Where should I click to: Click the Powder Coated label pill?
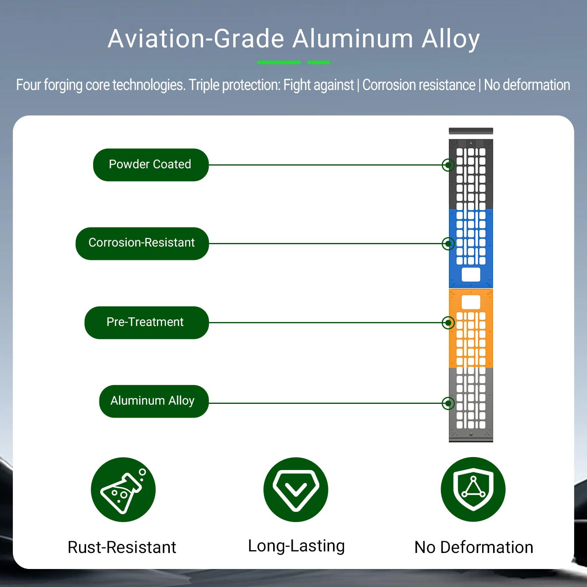[151, 165]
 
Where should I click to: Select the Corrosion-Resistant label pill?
[142, 243]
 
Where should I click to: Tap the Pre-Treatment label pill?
[146, 322]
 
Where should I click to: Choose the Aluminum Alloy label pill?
[154, 401]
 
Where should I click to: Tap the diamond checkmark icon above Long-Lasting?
[296, 490]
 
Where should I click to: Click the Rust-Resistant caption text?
[122, 547]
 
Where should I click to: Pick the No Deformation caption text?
[474, 547]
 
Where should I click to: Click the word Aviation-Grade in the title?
[196, 39]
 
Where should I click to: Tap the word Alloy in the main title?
[450, 40]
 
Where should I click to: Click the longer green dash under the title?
[279, 62]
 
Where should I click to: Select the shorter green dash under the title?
[319, 62]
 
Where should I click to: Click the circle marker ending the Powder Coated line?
[448, 165]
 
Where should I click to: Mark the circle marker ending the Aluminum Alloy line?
[448, 403]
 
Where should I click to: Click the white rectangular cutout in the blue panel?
[471, 274]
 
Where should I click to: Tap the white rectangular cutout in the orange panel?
[471, 302]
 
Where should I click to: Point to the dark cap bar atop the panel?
[471, 131]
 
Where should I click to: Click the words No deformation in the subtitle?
[527, 85]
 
